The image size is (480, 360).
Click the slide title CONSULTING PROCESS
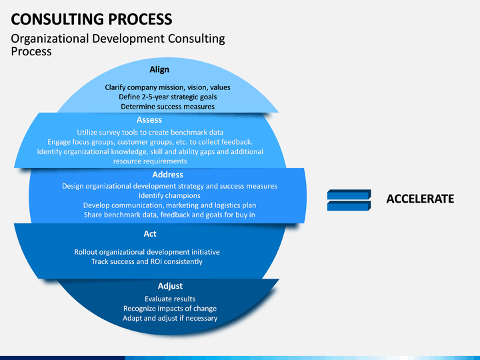[x=91, y=19]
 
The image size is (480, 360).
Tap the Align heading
[x=159, y=70]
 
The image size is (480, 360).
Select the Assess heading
[x=149, y=120]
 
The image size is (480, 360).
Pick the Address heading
[x=168, y=175]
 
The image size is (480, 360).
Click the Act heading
[x=150, y=234]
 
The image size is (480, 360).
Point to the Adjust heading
[x=170, y=286]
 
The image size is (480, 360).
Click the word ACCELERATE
[x=420, y=199]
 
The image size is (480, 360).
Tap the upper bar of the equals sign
[x=349, y=195]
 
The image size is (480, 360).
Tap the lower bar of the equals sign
[x=349, y=206]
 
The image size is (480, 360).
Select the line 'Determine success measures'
[x=168, y=107]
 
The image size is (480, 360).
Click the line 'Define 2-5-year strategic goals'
[x=168, y=97]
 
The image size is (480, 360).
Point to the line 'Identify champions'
[x=169, y=195]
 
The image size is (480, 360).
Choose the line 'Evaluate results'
[x=170, y=299]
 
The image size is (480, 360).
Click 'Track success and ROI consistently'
[x=147, y=262]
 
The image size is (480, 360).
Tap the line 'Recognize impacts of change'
[x=170, y=309]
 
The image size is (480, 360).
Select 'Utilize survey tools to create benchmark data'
[x=150, y=132]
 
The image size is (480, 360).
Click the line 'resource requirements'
[x=150, y=161]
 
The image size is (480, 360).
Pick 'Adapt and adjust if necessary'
[x=170, y=319]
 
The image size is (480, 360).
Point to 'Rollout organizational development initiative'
[x=147, y=252]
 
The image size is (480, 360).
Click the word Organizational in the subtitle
[x=50, y=39]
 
